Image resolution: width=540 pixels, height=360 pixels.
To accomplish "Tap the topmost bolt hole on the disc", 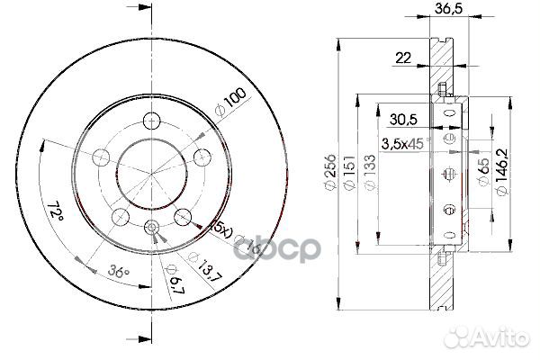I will pos(153,120).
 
